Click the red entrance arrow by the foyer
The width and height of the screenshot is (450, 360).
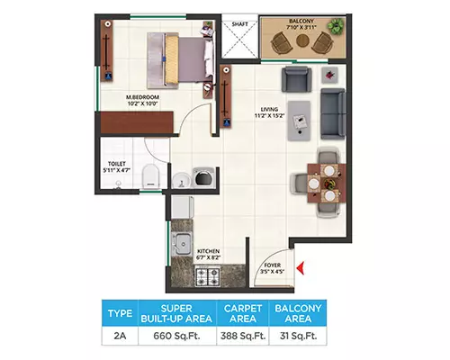[301, 268]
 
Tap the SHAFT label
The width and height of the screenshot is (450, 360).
[240, 24]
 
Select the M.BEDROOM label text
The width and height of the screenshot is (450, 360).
[142, 97]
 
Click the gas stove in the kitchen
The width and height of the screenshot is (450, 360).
[208, 277]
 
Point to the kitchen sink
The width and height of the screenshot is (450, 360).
[182, 244]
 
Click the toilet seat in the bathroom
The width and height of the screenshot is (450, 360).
[150, 176]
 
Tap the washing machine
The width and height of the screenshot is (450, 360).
[204, 178]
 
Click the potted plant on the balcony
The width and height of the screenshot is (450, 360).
[336, 26]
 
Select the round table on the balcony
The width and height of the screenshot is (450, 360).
[303, 40]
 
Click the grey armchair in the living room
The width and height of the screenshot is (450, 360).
[296, 79]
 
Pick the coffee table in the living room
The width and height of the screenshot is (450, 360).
[299, 121]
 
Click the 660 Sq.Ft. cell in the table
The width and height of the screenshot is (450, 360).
[176, 336]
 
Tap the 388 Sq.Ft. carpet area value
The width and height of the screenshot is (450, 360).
[243, 336]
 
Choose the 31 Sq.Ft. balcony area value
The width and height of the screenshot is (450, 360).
[298, 336]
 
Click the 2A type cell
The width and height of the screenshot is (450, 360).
[120, 336]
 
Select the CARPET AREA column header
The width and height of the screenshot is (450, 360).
[243, 313]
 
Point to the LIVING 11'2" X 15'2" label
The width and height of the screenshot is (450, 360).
[269, 112]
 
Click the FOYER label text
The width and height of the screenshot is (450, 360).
[273, 265]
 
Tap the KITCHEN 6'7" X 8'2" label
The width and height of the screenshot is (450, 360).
[208, 254]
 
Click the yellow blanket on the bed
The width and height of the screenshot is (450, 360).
[172, 59]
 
